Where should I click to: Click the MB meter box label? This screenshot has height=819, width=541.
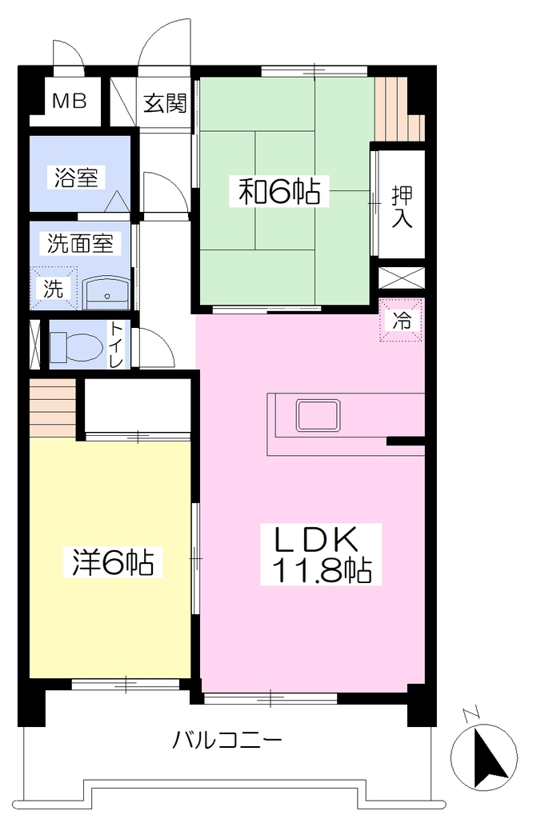click(69, 101)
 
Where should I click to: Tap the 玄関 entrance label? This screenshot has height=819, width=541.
click(165, 103)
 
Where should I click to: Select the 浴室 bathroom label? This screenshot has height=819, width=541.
click(76, 177)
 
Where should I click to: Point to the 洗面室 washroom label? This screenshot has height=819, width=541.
click(81, 243)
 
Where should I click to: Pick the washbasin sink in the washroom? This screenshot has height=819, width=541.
click(106, 293)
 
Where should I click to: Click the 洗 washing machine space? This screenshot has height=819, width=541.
click(53, 288)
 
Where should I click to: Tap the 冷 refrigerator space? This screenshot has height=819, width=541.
click(402, 320)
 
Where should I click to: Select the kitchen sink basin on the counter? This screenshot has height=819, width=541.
click(319, 416)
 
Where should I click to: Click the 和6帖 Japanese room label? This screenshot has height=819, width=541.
click(279, 192)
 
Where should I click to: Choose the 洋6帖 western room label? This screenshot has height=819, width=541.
click(113, 562)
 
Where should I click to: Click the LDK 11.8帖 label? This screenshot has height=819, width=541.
click(322, 555)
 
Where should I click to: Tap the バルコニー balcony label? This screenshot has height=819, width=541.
click(227, 740)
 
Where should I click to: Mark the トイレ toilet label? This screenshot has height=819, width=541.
click(116, 345)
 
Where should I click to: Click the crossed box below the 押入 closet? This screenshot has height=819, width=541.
click(402, 277)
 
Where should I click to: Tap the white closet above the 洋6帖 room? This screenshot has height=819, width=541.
click(138, 404)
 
